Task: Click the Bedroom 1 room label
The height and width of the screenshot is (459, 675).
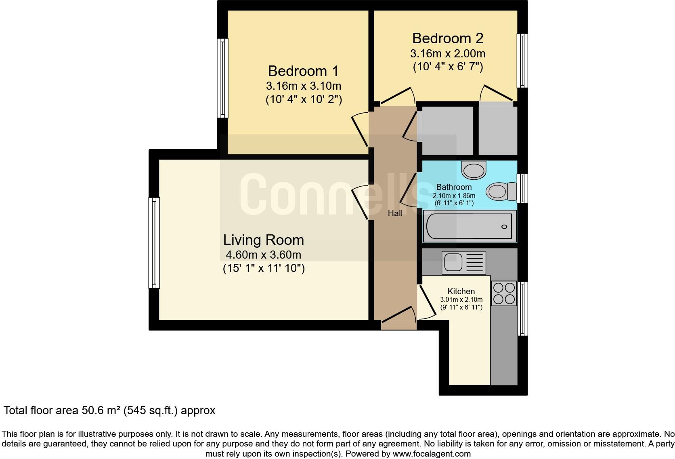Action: click(x=303, y=71)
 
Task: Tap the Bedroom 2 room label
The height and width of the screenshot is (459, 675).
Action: click(x=448, y=38)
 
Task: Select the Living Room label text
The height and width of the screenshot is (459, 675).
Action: click(x=263, y=240)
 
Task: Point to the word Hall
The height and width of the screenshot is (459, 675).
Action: click(x=395, y=213)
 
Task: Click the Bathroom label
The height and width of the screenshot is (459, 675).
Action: click(x=454, y=187)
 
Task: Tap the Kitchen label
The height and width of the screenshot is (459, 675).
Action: click(x=461, y=291)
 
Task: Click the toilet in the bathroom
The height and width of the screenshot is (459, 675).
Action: click(x=501, y=191)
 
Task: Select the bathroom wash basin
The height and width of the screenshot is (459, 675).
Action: click(x=474, y=170)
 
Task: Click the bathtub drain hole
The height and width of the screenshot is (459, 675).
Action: click(x=504, y=227)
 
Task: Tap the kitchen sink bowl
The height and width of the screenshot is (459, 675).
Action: click(x=453, y=262)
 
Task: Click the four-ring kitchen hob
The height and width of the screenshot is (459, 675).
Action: click(x=504, y=293)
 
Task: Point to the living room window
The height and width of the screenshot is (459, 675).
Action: click(x=154, y=243)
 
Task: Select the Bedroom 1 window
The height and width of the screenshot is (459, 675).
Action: click(x=223, y=78)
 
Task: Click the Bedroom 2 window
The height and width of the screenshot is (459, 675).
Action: click(x=522, y=61)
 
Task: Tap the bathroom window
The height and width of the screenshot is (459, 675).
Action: click(x=522, y=188)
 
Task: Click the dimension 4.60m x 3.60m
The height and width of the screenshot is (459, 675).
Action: click(x=263, y=255)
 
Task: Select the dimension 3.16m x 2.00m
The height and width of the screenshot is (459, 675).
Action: click(x=448, y=54)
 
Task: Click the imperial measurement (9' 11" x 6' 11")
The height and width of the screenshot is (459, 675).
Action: click(x=461, y=307)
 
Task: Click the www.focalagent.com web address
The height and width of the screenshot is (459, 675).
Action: click(x=432, y=454)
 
